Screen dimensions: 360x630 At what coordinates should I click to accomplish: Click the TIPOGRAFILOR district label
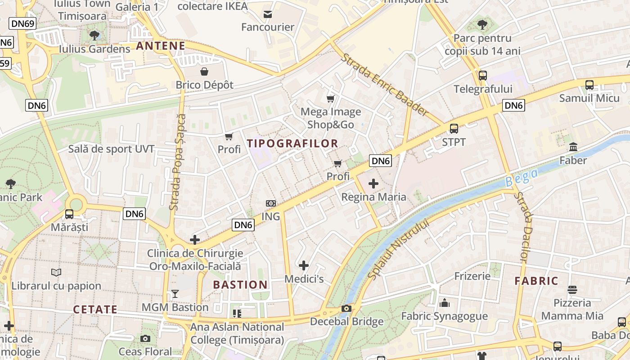pyautogui.click(x=292, y=144)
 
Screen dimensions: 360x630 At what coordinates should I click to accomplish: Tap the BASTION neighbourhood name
pyautogui.click(x=240, y=285)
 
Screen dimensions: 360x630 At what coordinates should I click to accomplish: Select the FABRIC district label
pyautogui.click(x=536, y=281)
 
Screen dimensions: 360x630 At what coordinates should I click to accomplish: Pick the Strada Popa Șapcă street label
pyautogui.click(x=177, y=162)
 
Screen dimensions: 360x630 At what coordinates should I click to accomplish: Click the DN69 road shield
pyautogui.click(x=22, y=24)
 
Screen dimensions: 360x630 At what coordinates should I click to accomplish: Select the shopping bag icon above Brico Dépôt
pyautogui.click(x=204, y=72)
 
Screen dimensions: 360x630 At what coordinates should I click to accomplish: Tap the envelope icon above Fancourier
pyautogui.click(x=268, y=14)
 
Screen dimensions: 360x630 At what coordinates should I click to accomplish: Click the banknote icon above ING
pyautogui.click(x=270, y=203)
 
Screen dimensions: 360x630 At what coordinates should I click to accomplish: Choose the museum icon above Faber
pyautogui.click(x=573, y=147)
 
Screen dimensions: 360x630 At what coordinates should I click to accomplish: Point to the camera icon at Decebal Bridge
pyautogui.click(x=346, y=308)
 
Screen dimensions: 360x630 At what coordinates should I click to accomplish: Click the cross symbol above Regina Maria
pyautogui.click(x=373, y=184)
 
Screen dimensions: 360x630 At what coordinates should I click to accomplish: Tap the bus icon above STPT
pyautogui.click(x=454, y=129)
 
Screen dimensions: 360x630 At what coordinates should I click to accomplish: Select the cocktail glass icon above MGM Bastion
pyautogui.click(x=175, y=294)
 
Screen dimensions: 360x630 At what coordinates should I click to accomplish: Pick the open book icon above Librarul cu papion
pyautogui.click(x=56, y=272)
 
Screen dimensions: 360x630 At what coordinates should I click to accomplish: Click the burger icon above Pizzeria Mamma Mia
pyautogui.click(x=572, y=289)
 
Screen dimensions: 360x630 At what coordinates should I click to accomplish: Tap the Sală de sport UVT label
pyautogui.click(x=111, y=149)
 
